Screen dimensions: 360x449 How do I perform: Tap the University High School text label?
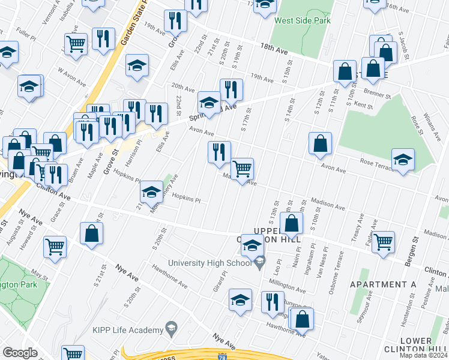(x=209, y=263)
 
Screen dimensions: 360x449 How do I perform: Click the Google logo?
(x=20, y=353)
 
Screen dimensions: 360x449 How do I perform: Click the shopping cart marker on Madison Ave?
(x=242, y=169)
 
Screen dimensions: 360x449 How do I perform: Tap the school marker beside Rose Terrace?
(x=403, y=160)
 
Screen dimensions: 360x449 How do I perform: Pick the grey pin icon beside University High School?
(x=260, y=262)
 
